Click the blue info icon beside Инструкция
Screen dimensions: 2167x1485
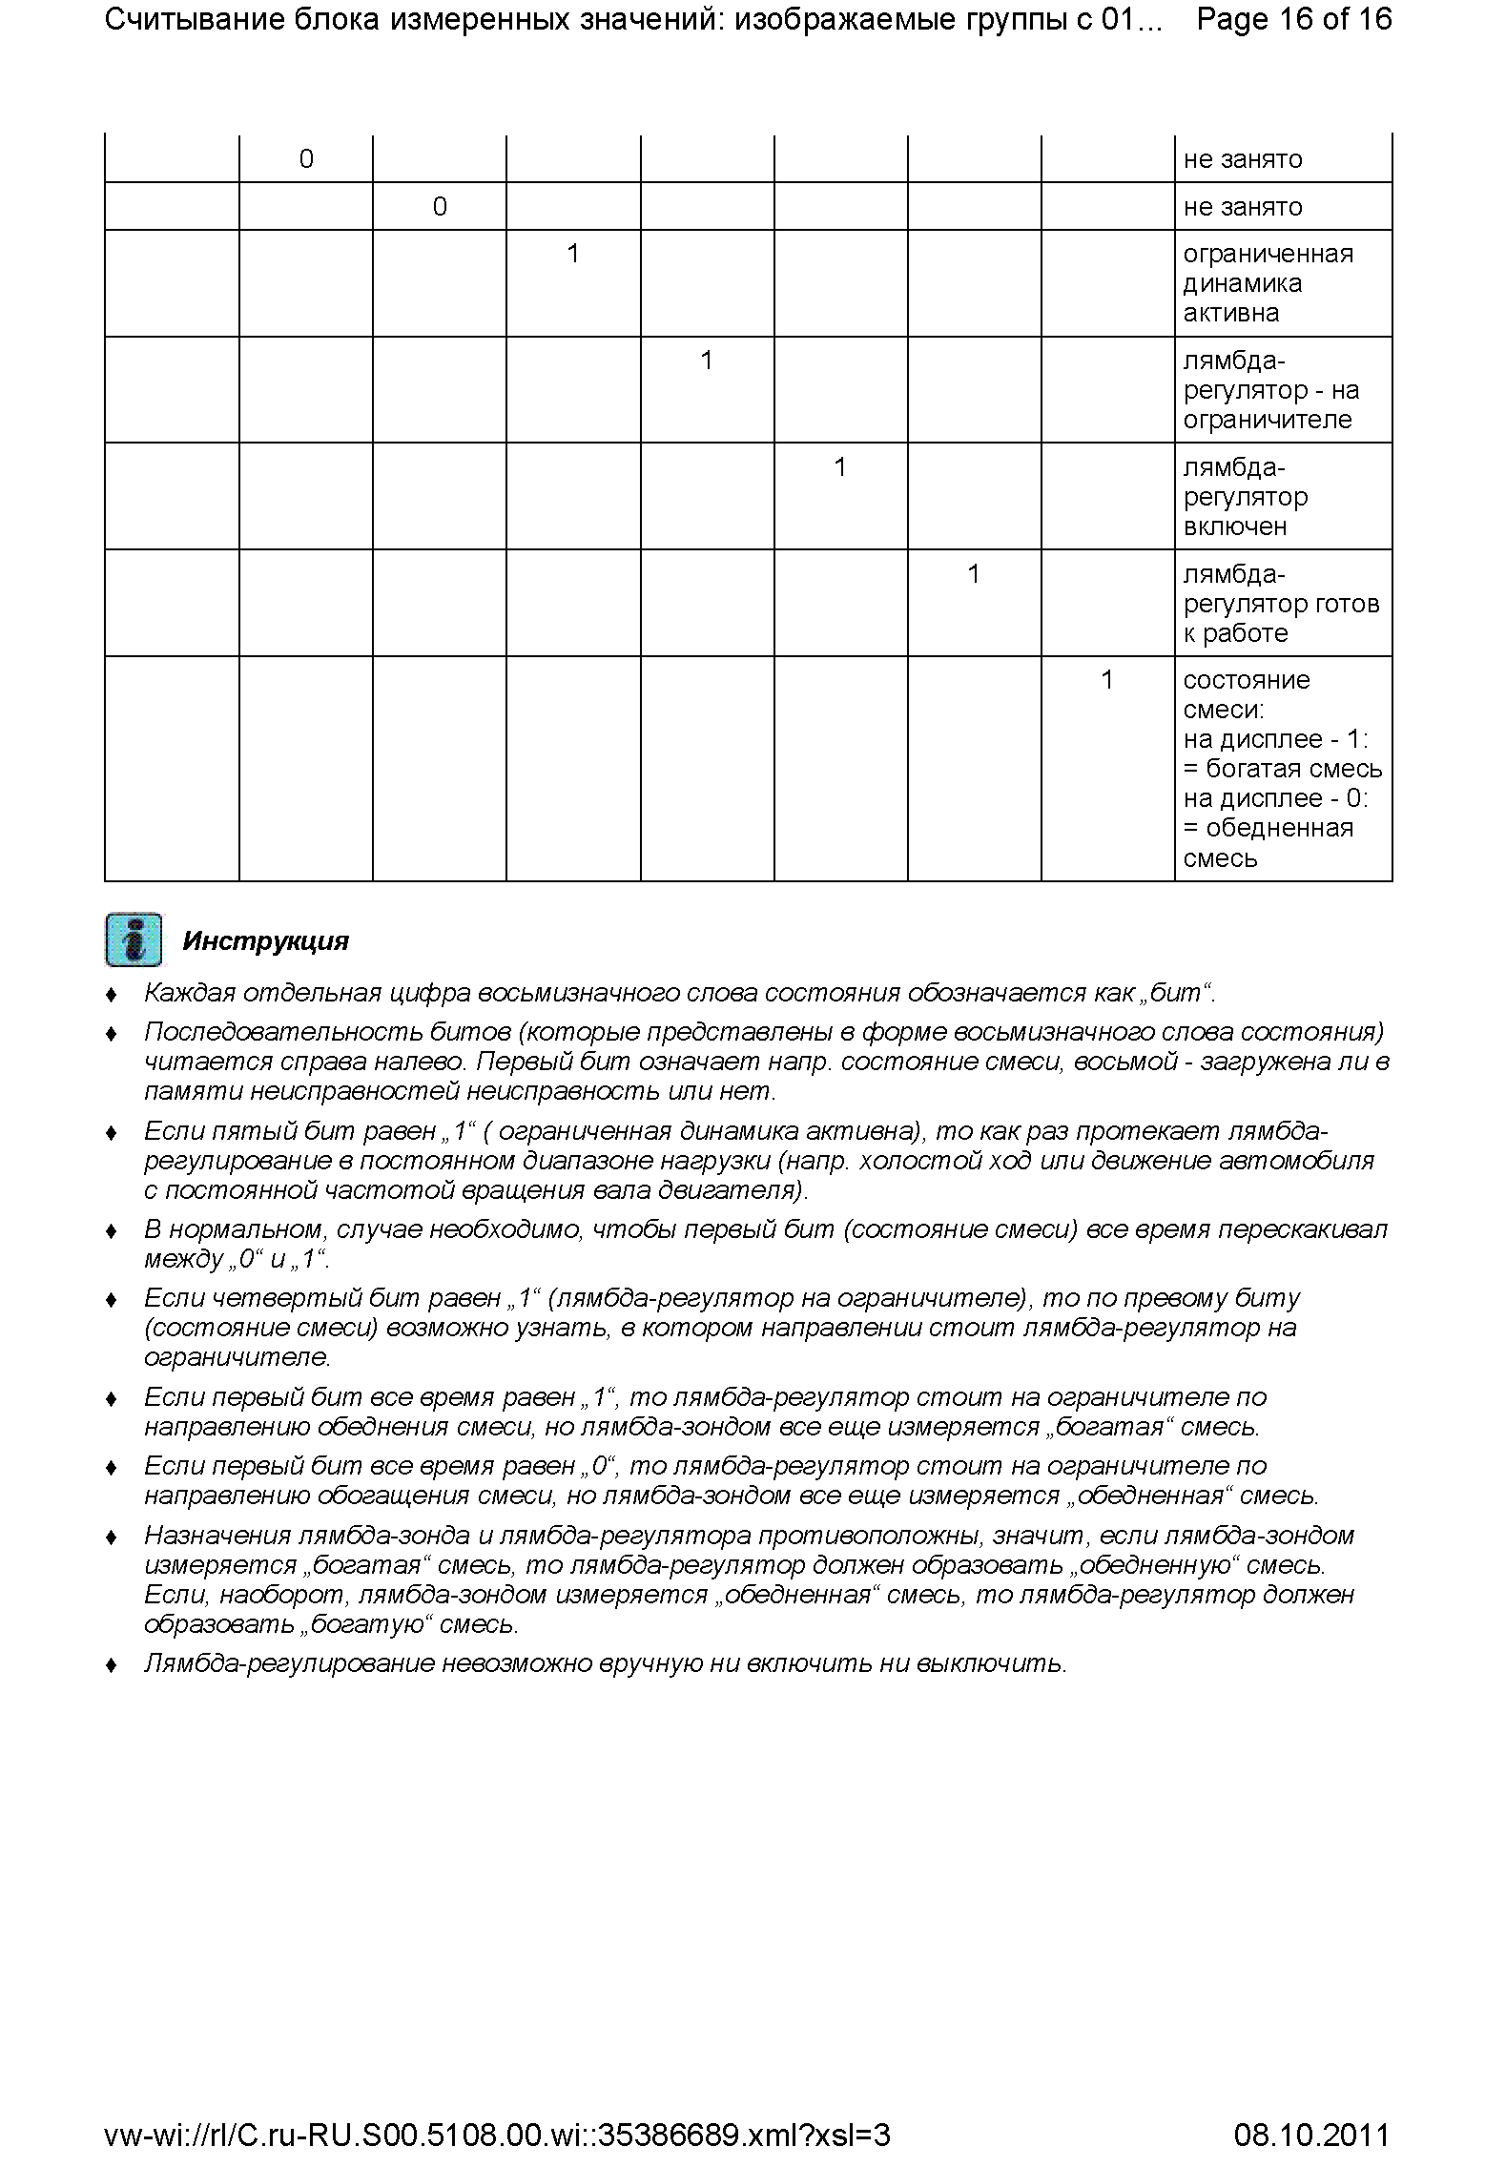(133, 940)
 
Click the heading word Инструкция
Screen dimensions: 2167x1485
(265, 941)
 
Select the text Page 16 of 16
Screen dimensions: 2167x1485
(1293, 19)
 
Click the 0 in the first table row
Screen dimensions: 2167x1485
(306, 159)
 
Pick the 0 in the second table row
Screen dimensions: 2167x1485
(440, 207)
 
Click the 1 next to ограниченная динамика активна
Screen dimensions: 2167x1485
(573, 254)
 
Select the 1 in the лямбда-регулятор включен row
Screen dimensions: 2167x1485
(840, 467)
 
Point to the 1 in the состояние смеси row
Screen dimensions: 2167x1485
(1107, 680)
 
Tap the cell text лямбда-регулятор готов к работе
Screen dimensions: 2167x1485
(1281, 604)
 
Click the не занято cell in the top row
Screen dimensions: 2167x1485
(1242, 159)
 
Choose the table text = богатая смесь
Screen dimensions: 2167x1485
(1282, 769)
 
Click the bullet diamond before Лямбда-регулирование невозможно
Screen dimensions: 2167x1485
(112, 1665)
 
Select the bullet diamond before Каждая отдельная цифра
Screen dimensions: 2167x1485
(112, 995)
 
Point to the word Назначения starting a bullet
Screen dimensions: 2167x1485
(218, 1536)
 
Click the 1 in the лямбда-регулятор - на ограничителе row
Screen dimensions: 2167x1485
(707, 361)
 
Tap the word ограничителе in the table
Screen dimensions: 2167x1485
(1268, 420)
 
